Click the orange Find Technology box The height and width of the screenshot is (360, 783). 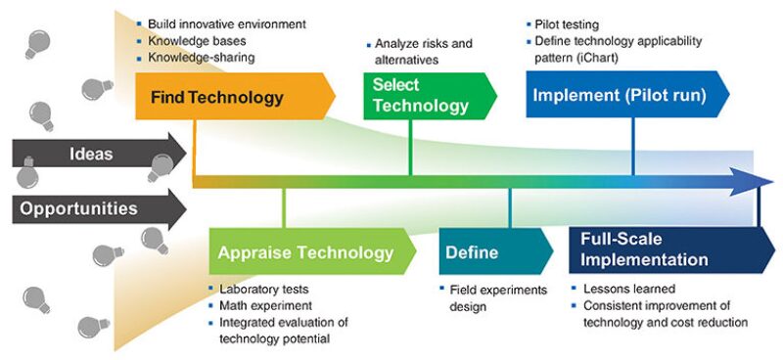(235, 97)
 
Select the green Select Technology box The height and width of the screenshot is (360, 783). (430, 97)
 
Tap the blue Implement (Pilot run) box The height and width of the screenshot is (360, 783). (627, 94)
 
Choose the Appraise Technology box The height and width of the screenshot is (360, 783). (312, 251)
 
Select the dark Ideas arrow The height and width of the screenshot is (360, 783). (99, 154)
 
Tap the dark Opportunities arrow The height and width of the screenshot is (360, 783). (99, 208)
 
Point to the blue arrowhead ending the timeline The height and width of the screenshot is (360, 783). (752, 182)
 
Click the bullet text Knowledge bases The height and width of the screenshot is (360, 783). (197, 40)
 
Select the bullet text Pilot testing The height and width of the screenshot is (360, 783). (567, 24)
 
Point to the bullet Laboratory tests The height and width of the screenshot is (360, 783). (263, 290)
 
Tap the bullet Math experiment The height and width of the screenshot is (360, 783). (265, 305)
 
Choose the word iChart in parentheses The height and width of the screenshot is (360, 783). (602, 59)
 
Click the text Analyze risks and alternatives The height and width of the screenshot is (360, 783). (424, 52)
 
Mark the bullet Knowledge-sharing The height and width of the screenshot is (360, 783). (202, 58)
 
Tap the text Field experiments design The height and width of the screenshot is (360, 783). (498, 298)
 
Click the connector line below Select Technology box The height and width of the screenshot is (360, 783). (410, 148)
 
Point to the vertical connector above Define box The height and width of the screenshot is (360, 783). (510, 208)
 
